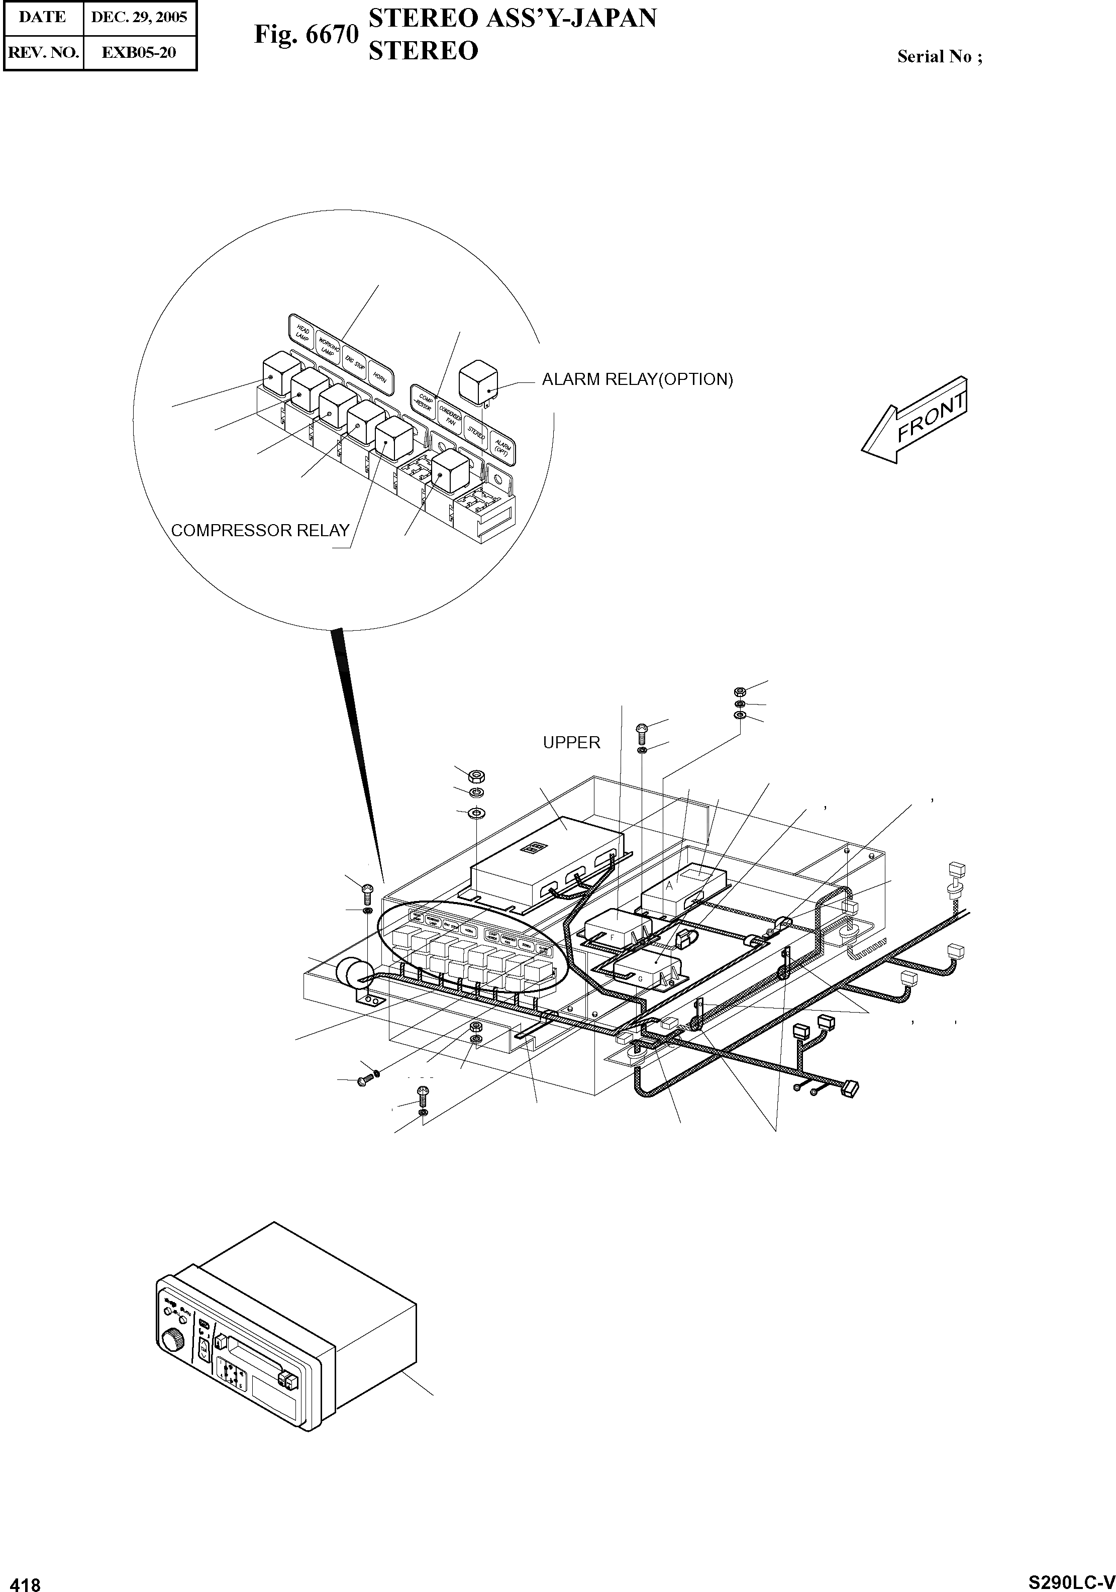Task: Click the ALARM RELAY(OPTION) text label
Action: click(x=637, y=379)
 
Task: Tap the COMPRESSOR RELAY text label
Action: click(x=260, y=531)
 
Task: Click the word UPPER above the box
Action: click(x=571, y=743)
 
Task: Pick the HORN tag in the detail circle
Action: click(x=380, y=378)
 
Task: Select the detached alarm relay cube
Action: click(x=478, y=381)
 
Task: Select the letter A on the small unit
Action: click(x=670, y=886)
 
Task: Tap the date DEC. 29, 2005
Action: click(x=139, y=17)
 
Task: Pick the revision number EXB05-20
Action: click(x=139, y=52)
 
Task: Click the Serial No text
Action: click(x=939, y=57)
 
